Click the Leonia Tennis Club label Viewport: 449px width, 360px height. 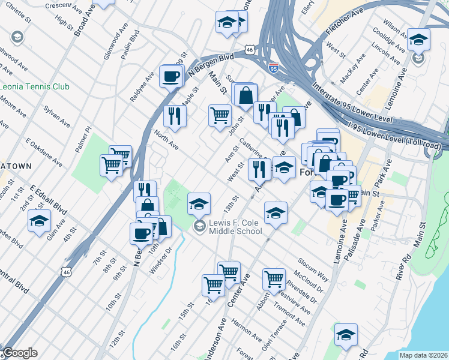[35, 86]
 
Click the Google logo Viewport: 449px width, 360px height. [20, 353]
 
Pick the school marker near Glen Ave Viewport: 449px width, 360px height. [39, 220]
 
